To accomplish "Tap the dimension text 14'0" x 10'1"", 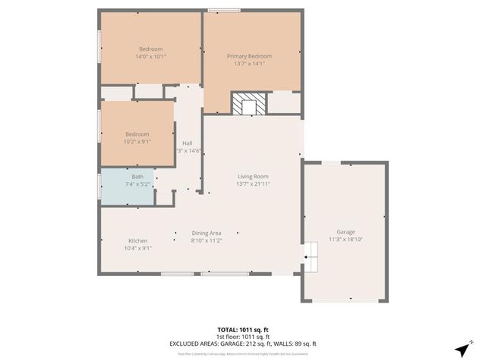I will (x=150, y=56).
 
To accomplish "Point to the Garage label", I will (x=346, y=232).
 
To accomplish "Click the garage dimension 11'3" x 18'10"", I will (x=346, y=240).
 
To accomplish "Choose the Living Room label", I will (x=253, y=176).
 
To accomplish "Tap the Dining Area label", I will (x=206, y=233).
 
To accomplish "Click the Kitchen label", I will (x=137, y=240).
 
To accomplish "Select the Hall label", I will (x=187, y=143).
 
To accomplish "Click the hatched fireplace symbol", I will (x=248, y=104).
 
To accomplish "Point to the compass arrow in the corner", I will (x=461, y=350).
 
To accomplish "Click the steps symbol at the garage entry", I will (x=311, y=257).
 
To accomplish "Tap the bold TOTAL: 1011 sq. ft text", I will (x=242, y=330).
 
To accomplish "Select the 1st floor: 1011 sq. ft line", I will (x=242, y=337).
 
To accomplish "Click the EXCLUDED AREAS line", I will (x=242, y=344).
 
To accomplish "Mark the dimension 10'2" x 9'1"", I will (x=137, y=141).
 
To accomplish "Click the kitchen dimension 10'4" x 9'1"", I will (x=137, y=248).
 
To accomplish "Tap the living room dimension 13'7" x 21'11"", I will (x=253, y=184).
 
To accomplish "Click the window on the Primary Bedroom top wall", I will (x=220, y=10).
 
